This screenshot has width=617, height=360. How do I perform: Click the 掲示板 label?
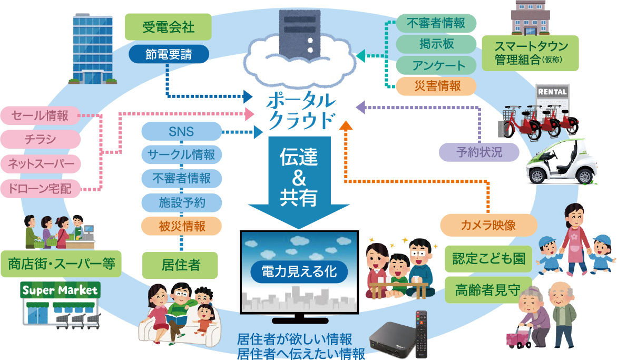click(436, 44)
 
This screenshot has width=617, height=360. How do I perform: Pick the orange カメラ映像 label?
click(488, 226)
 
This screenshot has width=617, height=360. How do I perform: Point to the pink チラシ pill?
click(41, 139)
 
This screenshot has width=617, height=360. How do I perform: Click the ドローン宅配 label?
click(41, 188)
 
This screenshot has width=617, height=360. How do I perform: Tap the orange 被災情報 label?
click(182, 226)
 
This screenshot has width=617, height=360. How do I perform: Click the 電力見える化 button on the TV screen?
click(299, 271)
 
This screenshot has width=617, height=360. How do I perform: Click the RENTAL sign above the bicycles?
click(552, 92)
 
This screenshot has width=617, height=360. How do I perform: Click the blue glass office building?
click(93, 49)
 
